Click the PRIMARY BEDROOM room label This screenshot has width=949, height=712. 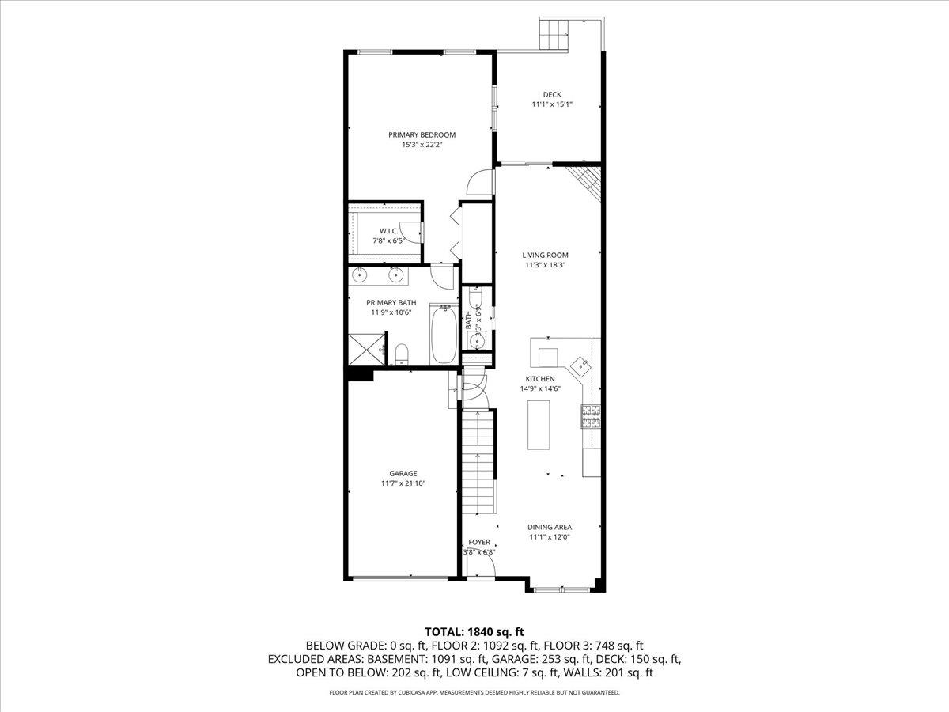pos(422,134)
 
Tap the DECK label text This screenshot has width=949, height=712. pos(552,94)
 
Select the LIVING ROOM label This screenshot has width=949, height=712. pos(545,255)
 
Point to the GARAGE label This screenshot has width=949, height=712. pos(403,473)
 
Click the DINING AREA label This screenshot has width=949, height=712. pos(550,527)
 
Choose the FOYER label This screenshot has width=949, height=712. pos(479,542)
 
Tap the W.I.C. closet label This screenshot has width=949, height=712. pos(388,231)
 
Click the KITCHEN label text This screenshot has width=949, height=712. pos(540,379)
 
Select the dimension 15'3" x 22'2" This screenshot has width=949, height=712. pos(422,145)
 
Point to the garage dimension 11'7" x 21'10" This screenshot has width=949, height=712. pos(403,483)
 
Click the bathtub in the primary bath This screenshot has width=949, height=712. pos(444,334)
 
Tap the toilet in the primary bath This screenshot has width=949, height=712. pos(402,354)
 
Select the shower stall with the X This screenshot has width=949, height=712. pos(367,350)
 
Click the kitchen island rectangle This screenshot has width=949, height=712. pos(539,425)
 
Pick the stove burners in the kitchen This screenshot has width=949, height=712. pos(591,417)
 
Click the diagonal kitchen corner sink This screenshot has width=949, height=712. pos(580,366)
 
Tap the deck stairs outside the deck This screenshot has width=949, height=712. pos(554,35)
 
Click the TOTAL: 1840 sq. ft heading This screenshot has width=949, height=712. pos(475,631)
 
